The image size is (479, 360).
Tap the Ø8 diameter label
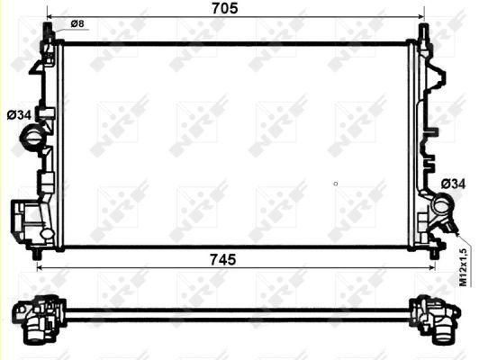(77, 23)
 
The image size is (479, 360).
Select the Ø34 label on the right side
(452, 184)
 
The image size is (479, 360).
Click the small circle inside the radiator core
(335, 184)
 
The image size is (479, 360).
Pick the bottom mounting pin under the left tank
(37, 256)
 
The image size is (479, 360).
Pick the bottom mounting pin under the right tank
(435, 256)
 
